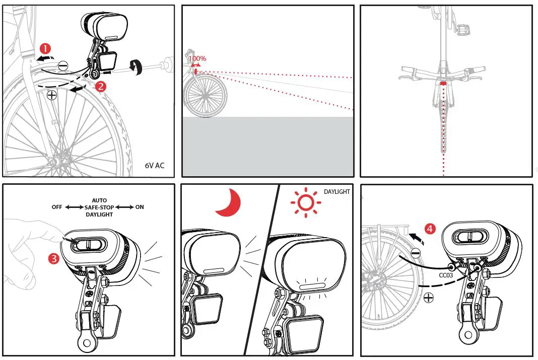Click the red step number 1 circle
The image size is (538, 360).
(45, 48)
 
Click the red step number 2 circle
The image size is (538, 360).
(100, 86)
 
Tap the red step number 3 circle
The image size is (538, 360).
(54, 259)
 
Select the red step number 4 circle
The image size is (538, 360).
(430, 229)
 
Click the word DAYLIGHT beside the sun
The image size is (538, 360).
(337, 192)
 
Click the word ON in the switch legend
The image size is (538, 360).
(140, 207)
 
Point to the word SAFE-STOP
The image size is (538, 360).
(99, 207)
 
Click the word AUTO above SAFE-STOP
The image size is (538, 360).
(99, 200)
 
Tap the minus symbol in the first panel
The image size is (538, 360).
(63, 65)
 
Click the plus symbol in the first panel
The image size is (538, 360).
(51, 95)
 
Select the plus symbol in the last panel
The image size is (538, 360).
(428, 298)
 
